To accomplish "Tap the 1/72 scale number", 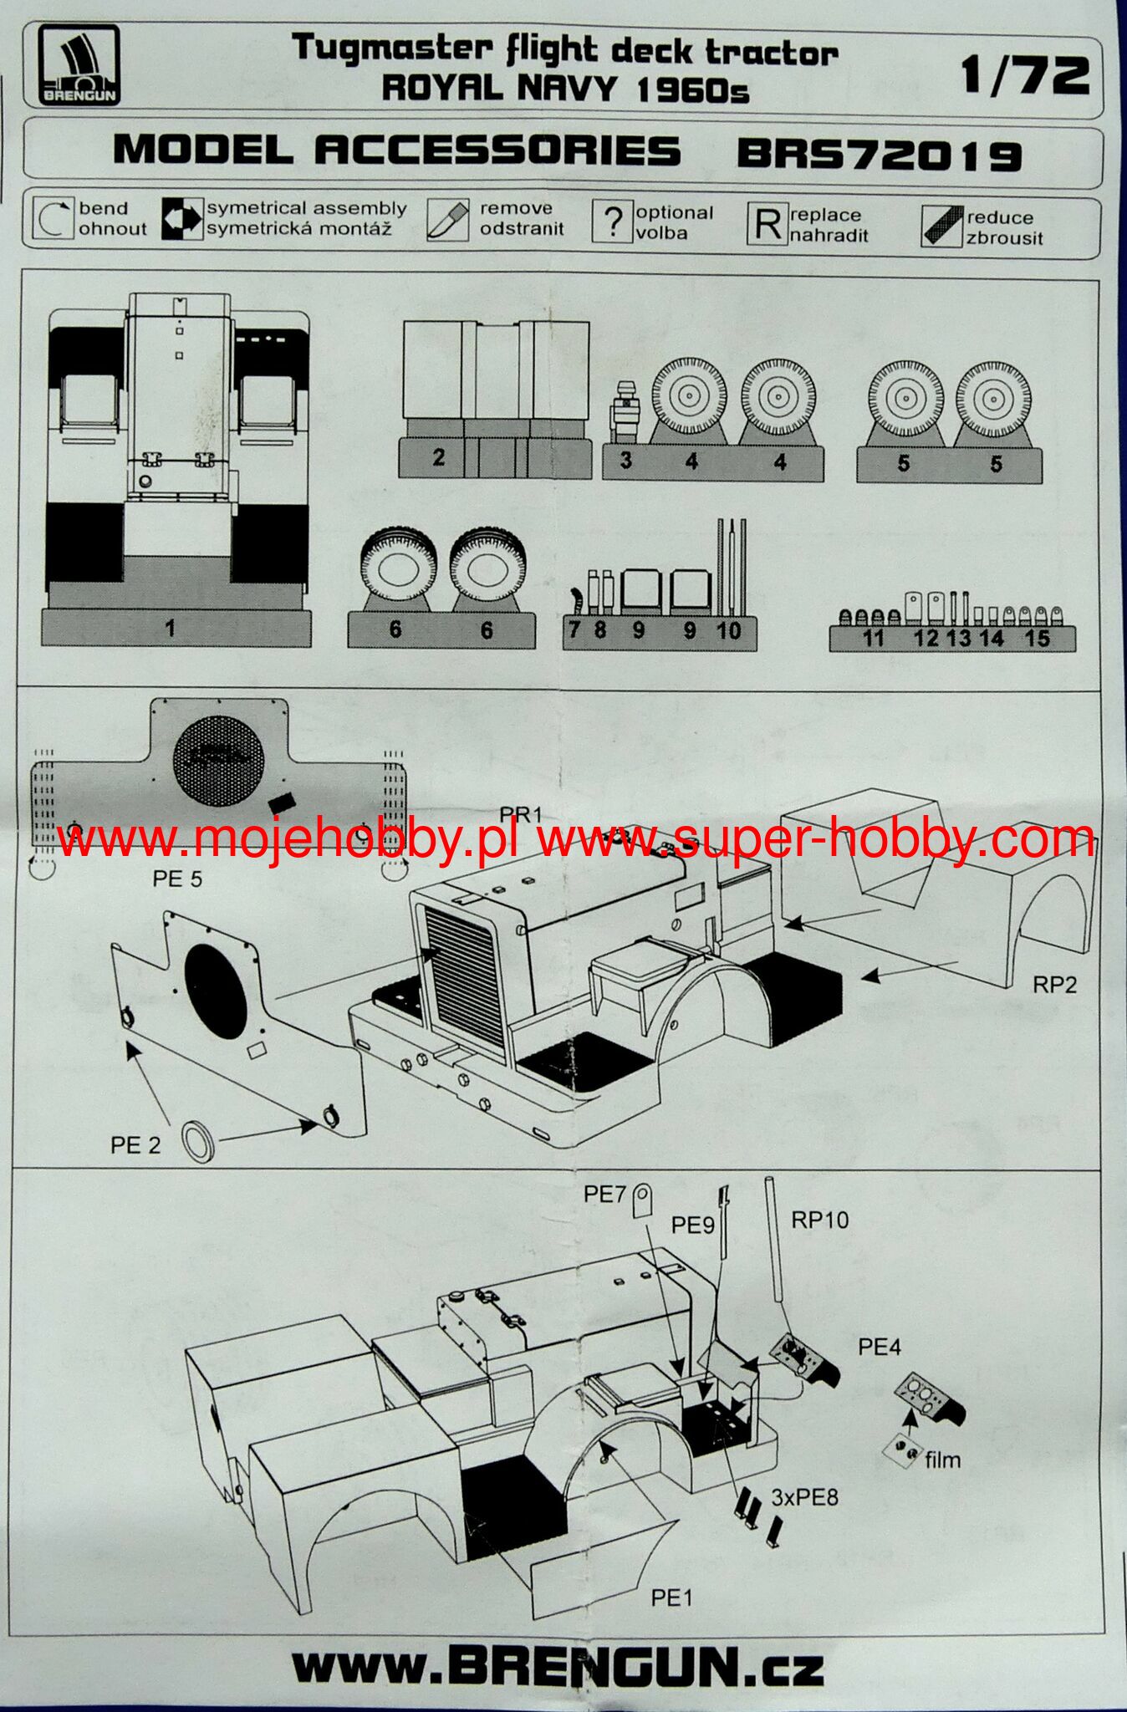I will click(x=1024, y=76).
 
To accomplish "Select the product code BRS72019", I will click(x=880, y=155).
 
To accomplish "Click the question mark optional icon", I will click(x=612, y=222).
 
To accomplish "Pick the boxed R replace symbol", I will click(x=767, y=224).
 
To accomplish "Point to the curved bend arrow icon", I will click(x=54, y=219).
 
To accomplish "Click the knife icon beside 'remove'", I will click(x=447, y=220).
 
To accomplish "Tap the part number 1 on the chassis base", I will click(x=171, y=628).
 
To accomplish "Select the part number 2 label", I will click(x=439, y=457).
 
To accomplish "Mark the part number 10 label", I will click(x=729, y=631).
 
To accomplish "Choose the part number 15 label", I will click(x=1037, y=639).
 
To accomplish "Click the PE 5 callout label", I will click(x=177, y=879).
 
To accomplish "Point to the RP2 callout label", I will click(x=1054, y=985).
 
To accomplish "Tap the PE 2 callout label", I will click(x=135, y=1144).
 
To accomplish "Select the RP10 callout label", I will click(x=819, y=1220).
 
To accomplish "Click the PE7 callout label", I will click(x=604, y=1195).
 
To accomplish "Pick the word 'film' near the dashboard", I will click(x=942, y=1460).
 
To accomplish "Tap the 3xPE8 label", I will click(x=804, y=1496).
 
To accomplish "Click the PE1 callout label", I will click(x=672, y=1597).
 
